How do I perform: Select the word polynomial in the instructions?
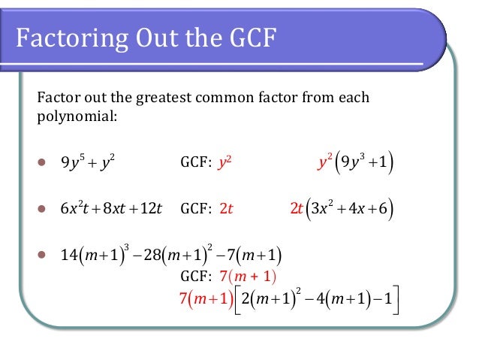[x=73, y=116]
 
